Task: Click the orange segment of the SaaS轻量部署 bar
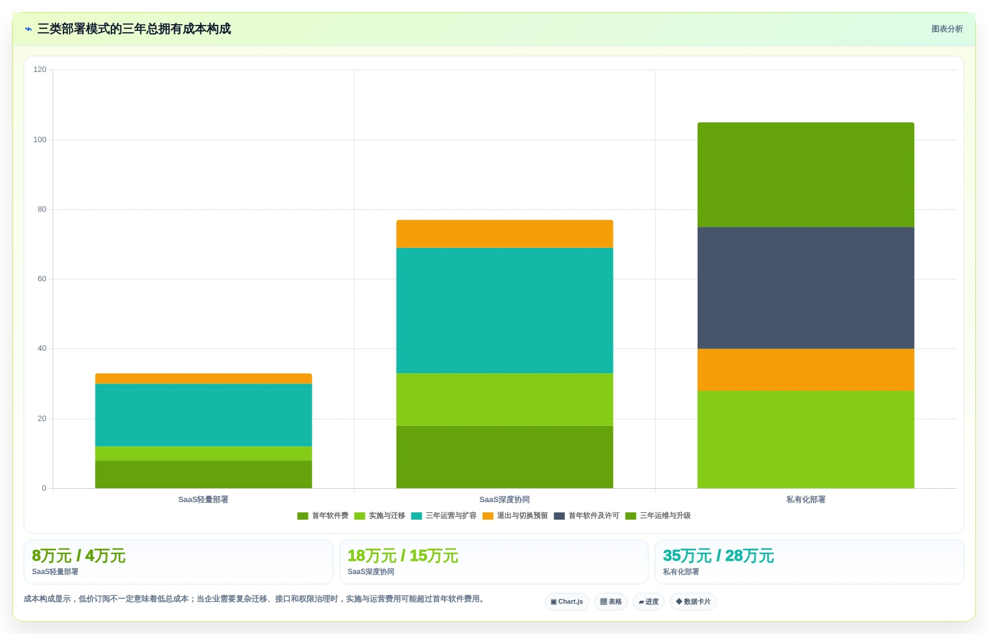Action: coord(203,379)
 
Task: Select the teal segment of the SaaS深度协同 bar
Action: coord(505,311)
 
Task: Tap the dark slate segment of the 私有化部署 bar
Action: coord(806,289)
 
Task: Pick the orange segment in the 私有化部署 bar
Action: coord(806,370)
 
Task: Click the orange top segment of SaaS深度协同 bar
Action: coord(505,234)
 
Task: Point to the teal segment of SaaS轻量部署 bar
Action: coord(203,416)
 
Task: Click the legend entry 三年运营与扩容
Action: coord(443,516)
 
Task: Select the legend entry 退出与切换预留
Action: coord(515,516)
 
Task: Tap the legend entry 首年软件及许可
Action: coord(587,516)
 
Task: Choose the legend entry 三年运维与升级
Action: coord(658,516)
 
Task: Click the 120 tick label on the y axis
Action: coord(40,70)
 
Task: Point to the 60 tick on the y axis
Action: coord(42,279)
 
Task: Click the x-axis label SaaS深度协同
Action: coord(505,500)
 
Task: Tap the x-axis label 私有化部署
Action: coord(806,500)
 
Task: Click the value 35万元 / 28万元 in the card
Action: coord(719,556)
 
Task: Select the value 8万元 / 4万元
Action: coord(79,556)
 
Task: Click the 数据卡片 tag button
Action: coord(693,602)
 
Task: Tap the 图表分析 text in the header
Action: coord(947,29)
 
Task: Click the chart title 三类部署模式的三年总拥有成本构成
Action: coord(134,29)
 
